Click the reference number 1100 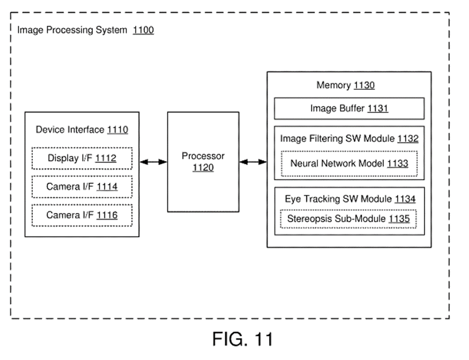click(143, 30)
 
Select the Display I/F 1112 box click(82, 158)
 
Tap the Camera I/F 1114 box click(82, 186)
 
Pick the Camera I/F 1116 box click(82, 215)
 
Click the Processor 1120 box click(203, 162)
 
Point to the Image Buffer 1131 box click(349, 109)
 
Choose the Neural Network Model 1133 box click(349, 163)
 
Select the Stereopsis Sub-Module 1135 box click(349, 219)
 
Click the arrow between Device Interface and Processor click(153, 162)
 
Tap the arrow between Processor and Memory click(253, 162)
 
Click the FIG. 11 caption click(242, 339)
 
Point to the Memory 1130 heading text click(345, 86)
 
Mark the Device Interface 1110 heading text click(82, 130)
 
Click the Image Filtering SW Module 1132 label click(349, 139)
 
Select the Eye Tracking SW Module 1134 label click(350, 199)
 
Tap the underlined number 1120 click(203, 168)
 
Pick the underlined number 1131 click(378, 109)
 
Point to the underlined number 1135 click(399, 219)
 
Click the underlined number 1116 click(107, 215)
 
